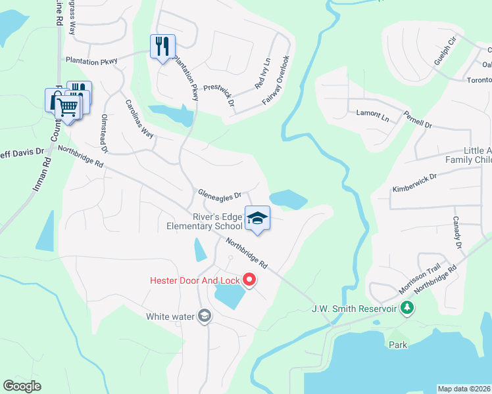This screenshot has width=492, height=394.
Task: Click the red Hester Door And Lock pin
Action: pyautogui.click(x=249, y=280)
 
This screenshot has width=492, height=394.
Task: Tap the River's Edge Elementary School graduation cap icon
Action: pyautogui.click(x=257, y=219)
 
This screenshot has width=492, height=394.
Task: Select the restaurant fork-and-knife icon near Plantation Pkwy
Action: pyautogui.click(x=162, y=46)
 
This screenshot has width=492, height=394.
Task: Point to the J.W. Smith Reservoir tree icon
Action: pyautogui.click(x=408, y=307)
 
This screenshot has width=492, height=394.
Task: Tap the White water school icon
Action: pyautogui.click(x=204, y=317)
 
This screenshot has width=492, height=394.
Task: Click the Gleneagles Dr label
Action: pyautogui.click(x=220, y=194)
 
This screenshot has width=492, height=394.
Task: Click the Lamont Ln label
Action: pyautogui.click(x=372, y=114)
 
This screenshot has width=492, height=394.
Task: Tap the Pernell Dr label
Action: pyautogui.click(x=418, y=120)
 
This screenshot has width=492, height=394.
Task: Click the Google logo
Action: pyautogui.click(x=23, y=386)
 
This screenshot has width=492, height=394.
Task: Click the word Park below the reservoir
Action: pyautogui.click(x=398, y=344)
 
